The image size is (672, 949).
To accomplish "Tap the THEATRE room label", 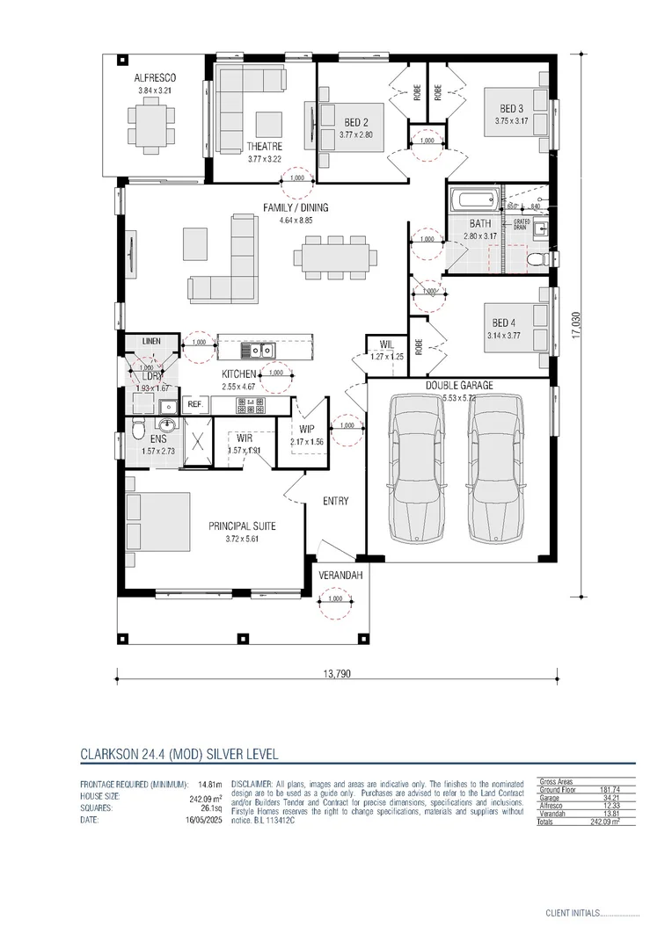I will (x=264, y=147).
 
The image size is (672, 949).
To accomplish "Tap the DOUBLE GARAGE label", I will (x=459, y=385).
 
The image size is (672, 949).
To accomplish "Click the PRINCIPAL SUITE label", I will (x=242, y=525).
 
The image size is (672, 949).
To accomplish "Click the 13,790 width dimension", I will (x=336, y=674).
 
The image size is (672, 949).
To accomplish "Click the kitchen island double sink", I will (x=257, y=351).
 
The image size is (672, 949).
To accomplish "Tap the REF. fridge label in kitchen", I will (x=194, y=404).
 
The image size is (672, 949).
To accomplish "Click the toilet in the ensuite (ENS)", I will (x=138, y=430).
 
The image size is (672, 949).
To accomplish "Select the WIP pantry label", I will (x=306, y=428).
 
